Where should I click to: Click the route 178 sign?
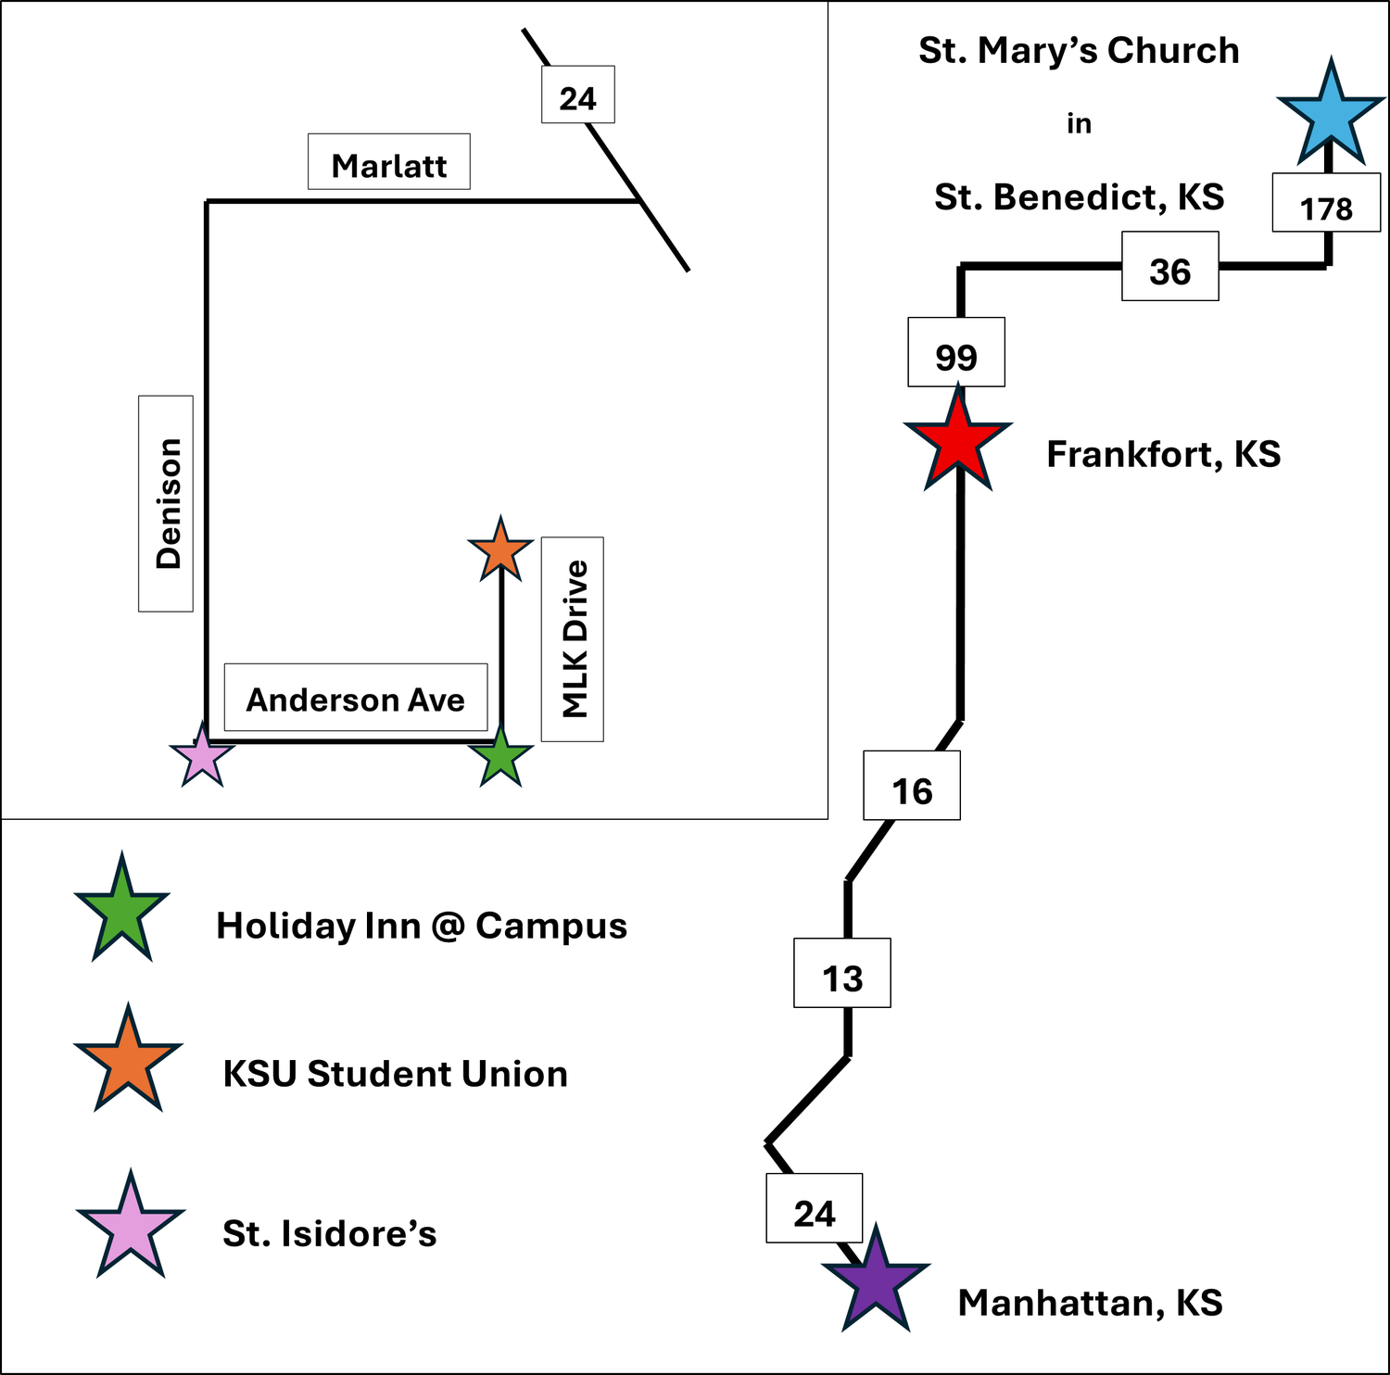[1326, 202]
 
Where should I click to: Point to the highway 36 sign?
[1170, 266]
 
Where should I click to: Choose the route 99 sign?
[956, 352]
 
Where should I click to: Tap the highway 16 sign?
[912, 786]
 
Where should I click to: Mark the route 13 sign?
[842, 973]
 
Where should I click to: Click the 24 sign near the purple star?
[815, 1208]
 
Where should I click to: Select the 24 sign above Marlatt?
[578, 95]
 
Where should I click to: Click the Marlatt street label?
[389, 162]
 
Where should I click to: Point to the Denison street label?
[166, 504]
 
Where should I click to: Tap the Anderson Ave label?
[356, 698]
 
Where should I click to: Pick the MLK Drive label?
[573, 639]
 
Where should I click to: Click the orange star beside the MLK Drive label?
[500, 551]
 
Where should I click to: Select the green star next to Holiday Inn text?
[122, 912]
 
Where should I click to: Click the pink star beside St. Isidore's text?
[131, 1227]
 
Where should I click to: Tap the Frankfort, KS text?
[1164, 455]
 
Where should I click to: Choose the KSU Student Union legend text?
[396, 1074]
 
